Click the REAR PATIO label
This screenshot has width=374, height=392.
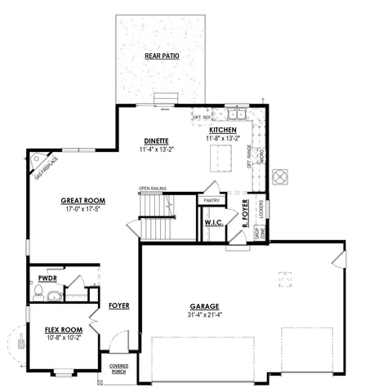[x=162, y=56]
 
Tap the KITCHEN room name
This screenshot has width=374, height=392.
[x=223, y=131]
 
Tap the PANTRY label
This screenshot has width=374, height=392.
[x=211, y=200]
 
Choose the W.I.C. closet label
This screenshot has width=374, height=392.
[x=215, y=222]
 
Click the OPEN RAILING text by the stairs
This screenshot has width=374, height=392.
[x=153, y=189]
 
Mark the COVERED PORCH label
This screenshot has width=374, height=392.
[x=118, y=368]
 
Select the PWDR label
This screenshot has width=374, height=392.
[x=46, y=278]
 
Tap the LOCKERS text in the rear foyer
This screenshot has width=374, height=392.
[x=261, y=209]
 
